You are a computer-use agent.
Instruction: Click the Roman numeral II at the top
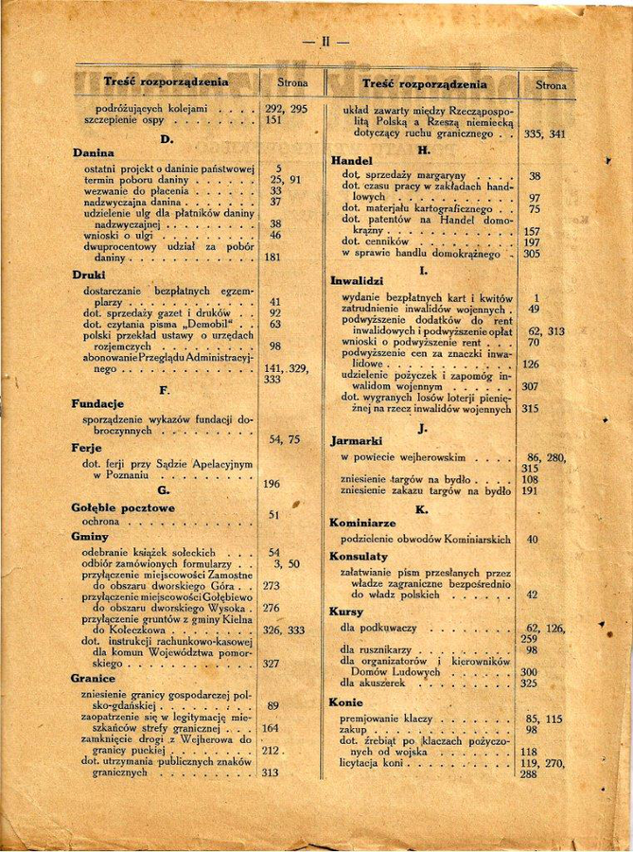click(325, 42)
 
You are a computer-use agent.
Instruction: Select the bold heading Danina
click(94, 152)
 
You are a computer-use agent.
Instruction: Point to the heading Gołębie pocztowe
click(123, 507)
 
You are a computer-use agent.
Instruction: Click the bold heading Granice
click(94, 679)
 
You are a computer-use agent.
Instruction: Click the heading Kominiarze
click(363, 523)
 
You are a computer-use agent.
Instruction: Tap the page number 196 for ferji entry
click(272, 485)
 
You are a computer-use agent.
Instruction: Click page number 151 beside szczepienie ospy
click(274, 121)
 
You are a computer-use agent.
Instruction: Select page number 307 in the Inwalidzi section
click(530, 386)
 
